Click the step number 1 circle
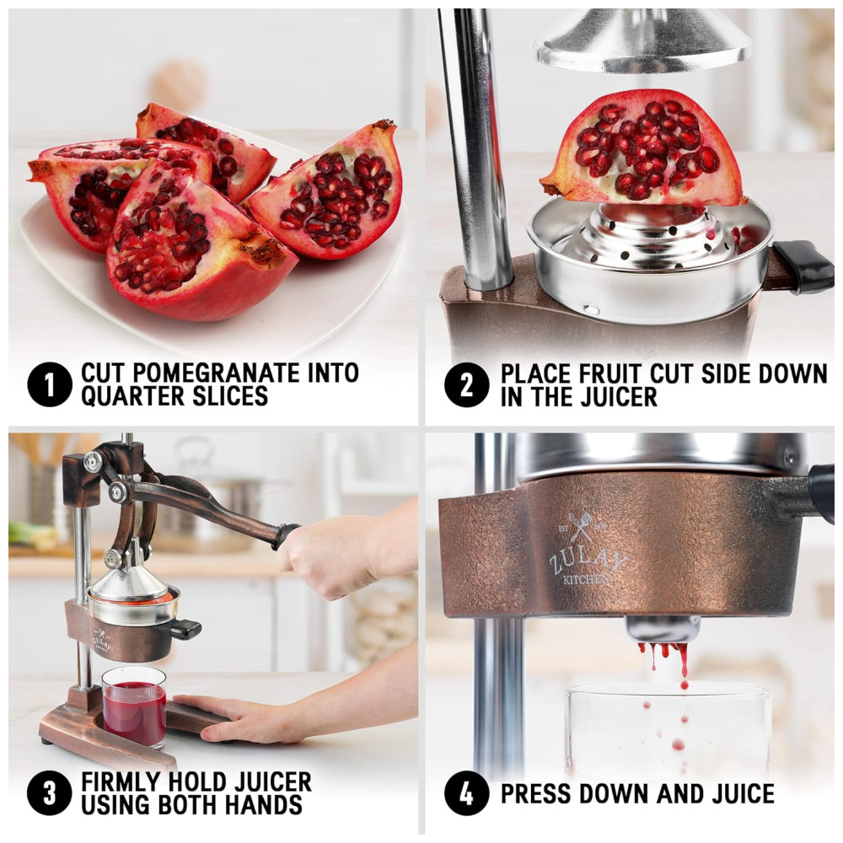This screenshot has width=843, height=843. (50, 384)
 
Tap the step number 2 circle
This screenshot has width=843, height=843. (467, 385)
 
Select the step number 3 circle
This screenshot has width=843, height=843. (50, 793)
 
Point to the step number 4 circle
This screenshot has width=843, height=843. (467, 793)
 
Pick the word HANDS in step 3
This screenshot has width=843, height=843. (263, 805)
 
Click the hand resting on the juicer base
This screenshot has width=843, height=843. (243, 717)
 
